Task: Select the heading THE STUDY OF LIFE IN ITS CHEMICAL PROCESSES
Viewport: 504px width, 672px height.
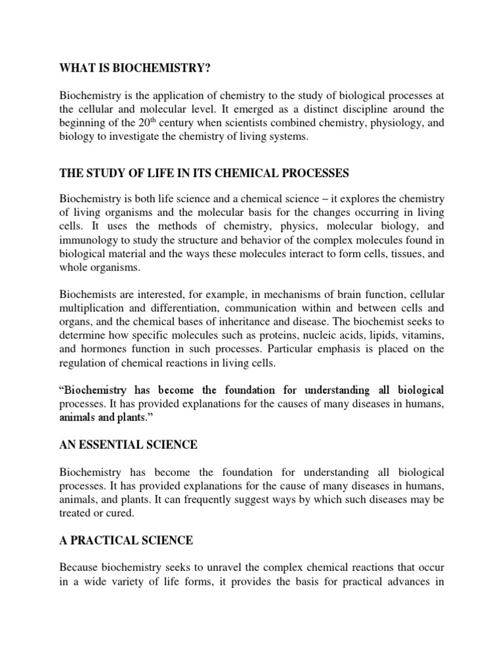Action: (204, 173)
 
